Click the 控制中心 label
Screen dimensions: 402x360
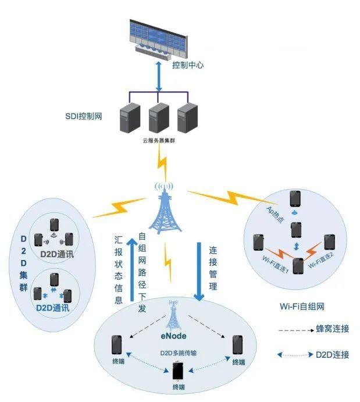point(188,66)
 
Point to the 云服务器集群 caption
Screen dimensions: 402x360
point(158,140)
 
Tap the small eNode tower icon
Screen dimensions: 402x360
point(173,316)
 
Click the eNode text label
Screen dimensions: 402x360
point(173,336)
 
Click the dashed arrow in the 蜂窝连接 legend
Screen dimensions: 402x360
point(294,330)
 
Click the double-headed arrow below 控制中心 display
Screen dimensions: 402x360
point(158,75)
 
